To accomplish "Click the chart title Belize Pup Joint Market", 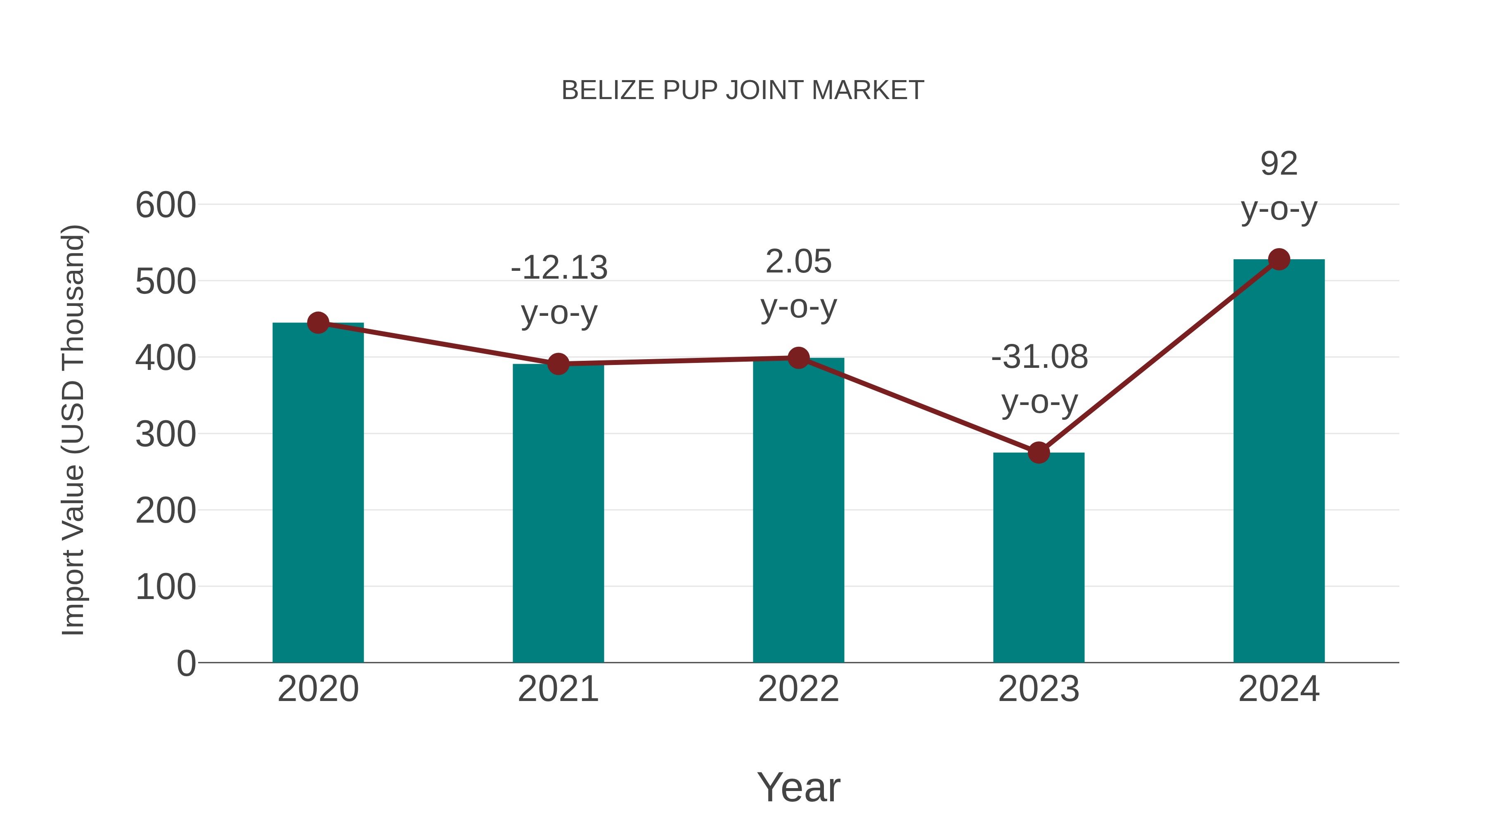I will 743,90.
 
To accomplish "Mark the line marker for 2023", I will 1039,453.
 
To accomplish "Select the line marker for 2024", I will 1279,260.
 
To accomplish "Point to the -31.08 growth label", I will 1039,357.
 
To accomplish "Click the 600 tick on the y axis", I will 166,206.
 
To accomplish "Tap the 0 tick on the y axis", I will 186,663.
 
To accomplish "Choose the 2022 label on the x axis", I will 798,689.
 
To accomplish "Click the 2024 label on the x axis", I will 1279,689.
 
